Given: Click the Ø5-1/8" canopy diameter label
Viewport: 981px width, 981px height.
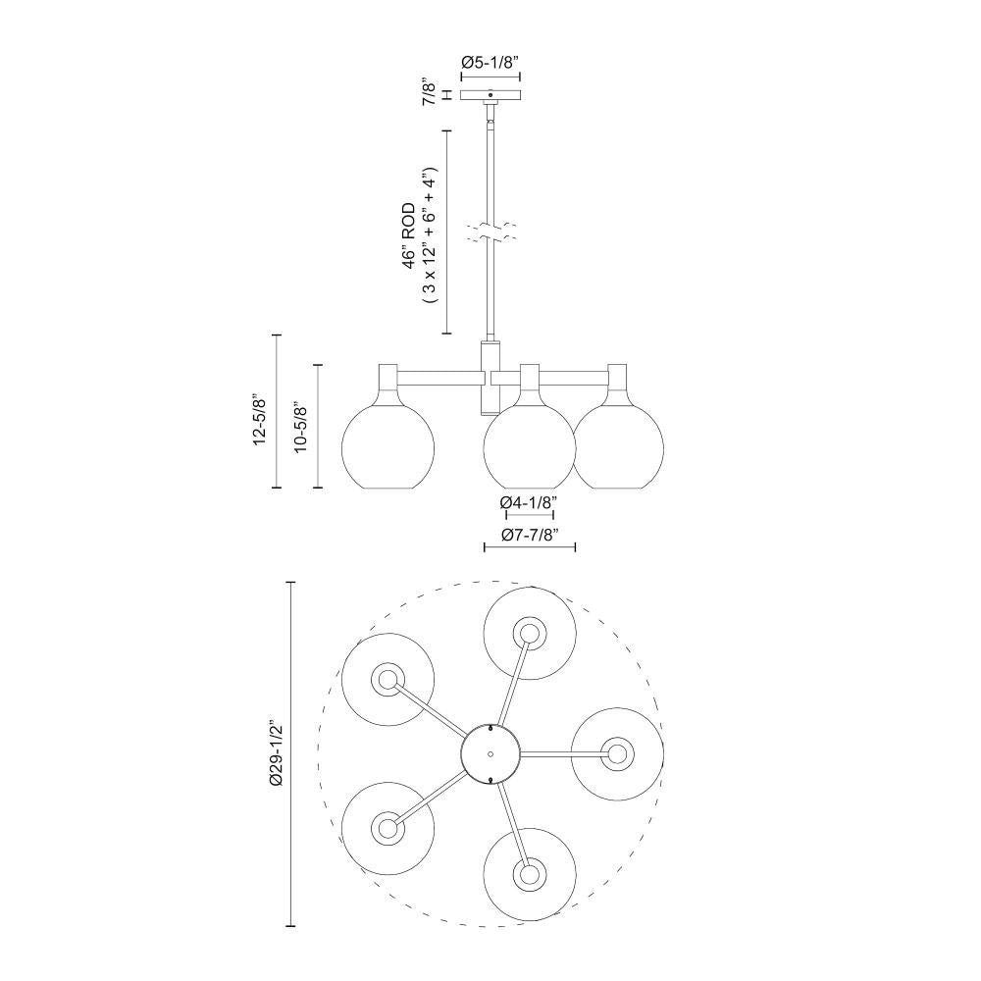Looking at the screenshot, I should (490, 63).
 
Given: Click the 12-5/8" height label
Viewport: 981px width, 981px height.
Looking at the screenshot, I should (259, 420).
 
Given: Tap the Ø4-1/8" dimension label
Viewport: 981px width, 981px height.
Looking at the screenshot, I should (528, 502).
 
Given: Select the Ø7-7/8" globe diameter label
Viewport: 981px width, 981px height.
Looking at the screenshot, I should (529, 535).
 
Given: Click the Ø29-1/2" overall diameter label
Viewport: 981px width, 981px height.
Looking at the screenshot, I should (276, 753).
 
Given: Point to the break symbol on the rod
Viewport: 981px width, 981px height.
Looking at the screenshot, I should (491, 232).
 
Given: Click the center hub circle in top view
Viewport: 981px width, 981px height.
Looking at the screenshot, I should (491, 753).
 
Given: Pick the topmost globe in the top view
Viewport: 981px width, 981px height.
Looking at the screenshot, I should (531, 634).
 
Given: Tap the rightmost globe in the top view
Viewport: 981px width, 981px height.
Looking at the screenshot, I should (616, 753).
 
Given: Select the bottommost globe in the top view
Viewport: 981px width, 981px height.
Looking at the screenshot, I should (531, 873).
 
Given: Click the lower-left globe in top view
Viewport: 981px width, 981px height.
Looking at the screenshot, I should (387, 827).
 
